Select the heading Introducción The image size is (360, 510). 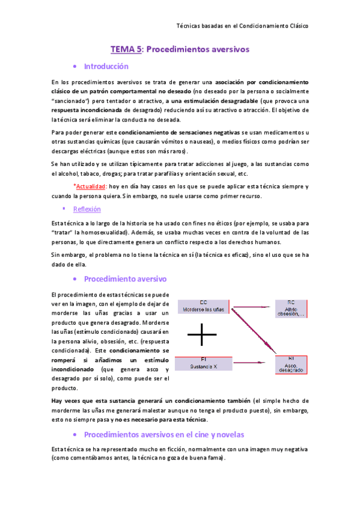tap(106, 66)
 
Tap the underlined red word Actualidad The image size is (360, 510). tap(94, 187)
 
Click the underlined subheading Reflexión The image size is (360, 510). tap(87, 209)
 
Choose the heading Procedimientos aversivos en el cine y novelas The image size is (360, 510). tap(163, 434)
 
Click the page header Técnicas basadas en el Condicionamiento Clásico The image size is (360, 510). tap(242, 26)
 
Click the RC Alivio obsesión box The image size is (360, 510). tap(291, 308)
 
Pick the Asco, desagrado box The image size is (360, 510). tap(291, 366)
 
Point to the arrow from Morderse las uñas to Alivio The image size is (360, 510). tap(253, 306)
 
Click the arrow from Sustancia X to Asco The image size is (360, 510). tap(253, 363)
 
